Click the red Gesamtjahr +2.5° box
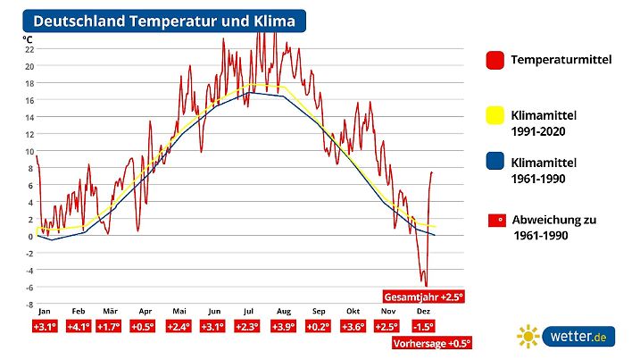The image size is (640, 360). [x=425, y=297]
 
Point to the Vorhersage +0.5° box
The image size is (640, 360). [x=432, y=342]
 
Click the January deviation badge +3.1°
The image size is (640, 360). [x=45, y=327]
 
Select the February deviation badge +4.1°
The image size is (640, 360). [x=79, y=327]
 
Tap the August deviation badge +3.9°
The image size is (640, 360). [x=284, y=327]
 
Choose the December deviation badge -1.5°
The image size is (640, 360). [x=423, y=327]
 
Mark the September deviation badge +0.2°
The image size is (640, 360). [x=319, y=327]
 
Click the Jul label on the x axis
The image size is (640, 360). [x=249, y=312]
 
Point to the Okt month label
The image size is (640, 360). [x=353, y=312]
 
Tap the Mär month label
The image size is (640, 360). [x=110, y=312]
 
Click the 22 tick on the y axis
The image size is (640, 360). [x=29, y=49]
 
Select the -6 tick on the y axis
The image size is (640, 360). [x=29, y=287]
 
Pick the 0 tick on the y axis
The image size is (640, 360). [x=29, y=236]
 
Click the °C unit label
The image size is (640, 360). [x=29, y=38]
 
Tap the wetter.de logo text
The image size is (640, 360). [x=579, y=338]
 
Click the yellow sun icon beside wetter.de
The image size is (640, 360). [x=528, y=337]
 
